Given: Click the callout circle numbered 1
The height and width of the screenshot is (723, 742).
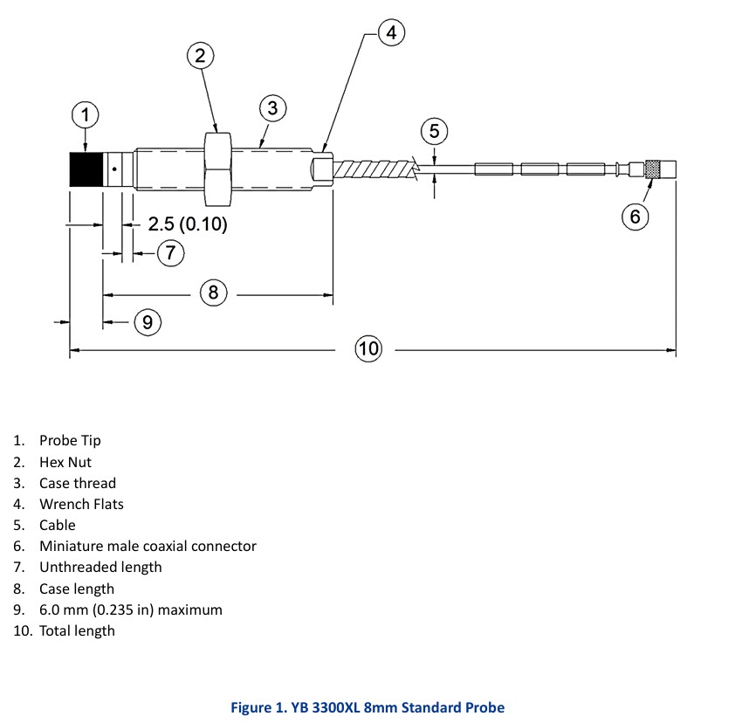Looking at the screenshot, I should [85, 114].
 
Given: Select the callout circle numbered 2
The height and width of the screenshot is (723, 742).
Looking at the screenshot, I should [201, 56].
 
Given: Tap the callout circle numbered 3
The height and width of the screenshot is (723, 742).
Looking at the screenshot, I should [272, 108].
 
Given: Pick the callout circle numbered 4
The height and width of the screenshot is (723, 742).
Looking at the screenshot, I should [391, 33].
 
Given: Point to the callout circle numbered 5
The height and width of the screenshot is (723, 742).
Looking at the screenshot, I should [434, 132].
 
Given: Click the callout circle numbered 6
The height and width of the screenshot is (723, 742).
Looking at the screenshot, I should [635, 217].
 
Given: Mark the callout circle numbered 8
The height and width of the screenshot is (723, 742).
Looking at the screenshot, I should [214, 292].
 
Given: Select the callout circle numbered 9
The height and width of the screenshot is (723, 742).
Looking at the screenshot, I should [148, 323].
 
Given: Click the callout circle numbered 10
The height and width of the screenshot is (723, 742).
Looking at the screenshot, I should [368, 349].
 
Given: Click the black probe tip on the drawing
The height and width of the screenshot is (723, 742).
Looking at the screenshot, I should [85, 168].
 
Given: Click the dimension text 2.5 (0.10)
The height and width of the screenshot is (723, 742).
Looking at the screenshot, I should [187, 224].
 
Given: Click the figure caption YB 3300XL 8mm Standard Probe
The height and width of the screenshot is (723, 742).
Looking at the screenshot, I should [368, 707].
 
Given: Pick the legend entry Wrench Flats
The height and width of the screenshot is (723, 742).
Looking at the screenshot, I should [81, 504].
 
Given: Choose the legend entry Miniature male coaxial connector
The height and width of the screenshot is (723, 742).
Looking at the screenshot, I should [148, 546].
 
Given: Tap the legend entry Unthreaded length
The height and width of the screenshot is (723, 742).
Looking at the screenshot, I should [100, 567].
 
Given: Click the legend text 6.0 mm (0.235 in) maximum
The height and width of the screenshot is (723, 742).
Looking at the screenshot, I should [130, 609].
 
